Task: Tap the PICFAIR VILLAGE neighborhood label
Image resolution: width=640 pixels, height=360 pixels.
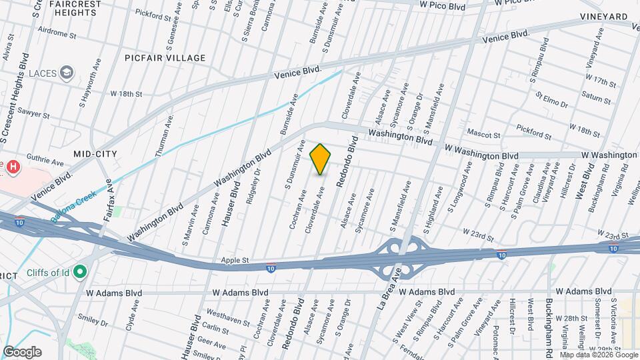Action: (165, 58)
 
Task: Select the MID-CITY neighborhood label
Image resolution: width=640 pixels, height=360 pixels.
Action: (95, 154)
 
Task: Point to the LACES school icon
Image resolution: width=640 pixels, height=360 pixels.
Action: (67, 72)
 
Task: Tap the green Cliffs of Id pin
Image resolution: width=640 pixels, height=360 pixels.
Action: (81, 271)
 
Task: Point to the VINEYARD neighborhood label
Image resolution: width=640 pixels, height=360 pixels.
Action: (603, 17)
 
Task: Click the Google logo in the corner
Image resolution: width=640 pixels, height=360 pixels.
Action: (22, 352)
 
